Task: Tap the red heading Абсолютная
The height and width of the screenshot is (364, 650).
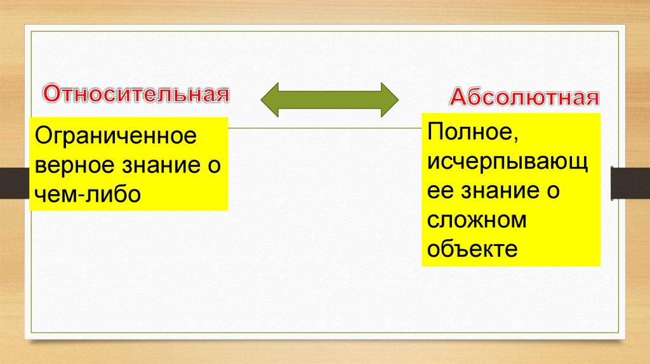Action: (525, 98)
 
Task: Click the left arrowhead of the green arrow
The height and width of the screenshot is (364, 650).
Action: (272, 100)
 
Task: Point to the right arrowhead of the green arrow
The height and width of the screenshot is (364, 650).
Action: (388, 100)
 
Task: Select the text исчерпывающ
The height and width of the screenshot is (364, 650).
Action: (507, 164)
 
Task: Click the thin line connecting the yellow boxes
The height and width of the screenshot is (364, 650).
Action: (324, 128)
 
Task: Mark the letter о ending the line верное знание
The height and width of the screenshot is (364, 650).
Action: (215, 166)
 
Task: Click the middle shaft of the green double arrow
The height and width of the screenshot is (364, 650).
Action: (330, 100)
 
